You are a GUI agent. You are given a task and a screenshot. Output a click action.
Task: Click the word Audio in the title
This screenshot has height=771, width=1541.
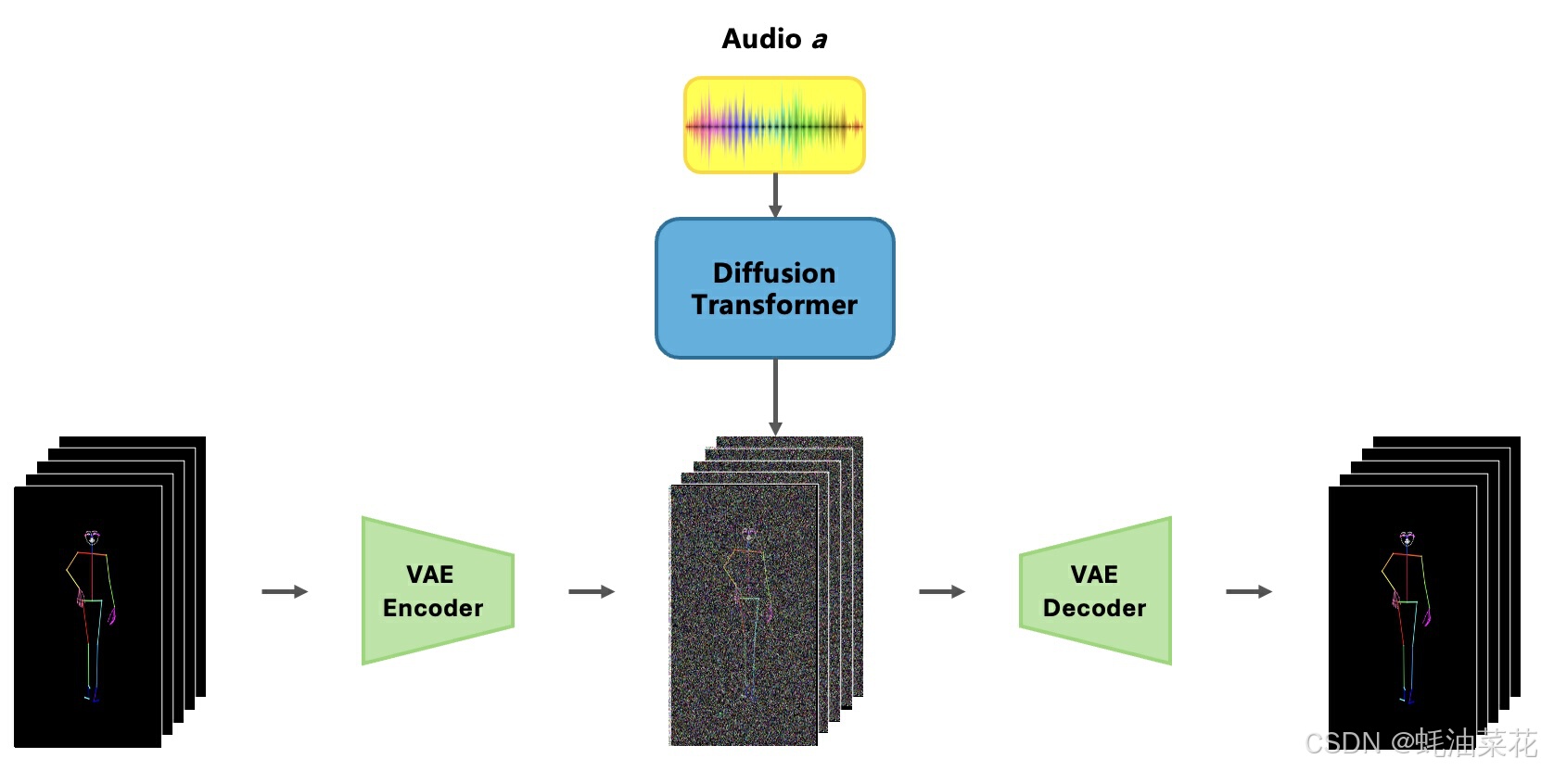point(761,39)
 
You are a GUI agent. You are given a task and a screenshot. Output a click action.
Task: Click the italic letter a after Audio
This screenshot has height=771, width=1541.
point(819,40)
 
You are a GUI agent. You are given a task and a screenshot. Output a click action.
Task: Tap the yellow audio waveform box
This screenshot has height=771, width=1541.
point(774,125)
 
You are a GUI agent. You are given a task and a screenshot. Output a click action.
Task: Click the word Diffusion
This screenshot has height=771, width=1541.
point(774,272)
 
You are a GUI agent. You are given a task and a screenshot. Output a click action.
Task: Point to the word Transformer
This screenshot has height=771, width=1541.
point(774,305)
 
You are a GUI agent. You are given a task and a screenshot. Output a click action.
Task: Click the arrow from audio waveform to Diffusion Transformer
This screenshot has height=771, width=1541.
point(775,195)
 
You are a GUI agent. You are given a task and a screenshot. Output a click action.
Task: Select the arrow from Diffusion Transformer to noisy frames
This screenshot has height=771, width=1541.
point(775,397)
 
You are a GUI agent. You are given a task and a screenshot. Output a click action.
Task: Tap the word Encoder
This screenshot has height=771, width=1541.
point(433,608)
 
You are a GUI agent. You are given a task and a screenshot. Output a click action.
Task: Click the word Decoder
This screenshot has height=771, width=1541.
point(1094,608)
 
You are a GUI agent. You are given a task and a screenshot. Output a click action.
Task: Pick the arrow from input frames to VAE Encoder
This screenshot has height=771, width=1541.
point(284,591)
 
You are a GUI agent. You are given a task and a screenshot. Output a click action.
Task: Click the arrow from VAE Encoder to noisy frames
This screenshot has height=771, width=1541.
point(591,591)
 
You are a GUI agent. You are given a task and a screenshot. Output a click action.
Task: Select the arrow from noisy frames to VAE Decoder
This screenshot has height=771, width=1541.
point(941,591)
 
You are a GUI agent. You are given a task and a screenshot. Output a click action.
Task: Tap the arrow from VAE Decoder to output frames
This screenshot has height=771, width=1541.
point(1248,591)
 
